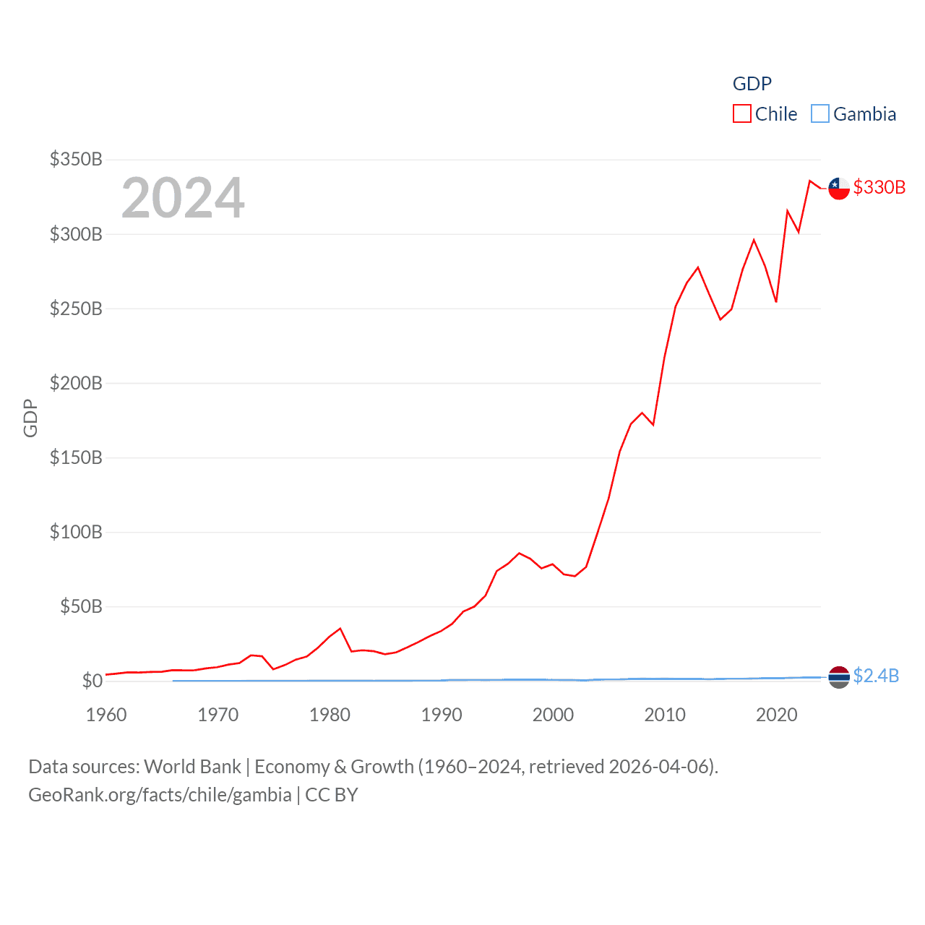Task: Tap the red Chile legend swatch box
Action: (x=742, y=114)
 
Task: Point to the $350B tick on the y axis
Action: (x=76, y=159)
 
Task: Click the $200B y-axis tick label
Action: (x=76, y=383)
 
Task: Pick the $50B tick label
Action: (x=81, y=606)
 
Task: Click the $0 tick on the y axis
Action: (x=92, y=681)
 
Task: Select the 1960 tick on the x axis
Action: (x=106, y=715)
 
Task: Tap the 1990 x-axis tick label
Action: (x=442, y=715)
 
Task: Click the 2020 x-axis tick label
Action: (x=777, y=715)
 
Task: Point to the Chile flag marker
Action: (x=839, y=188)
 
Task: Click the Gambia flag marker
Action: (x=839, y=676)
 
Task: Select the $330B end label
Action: (x=879, y=187)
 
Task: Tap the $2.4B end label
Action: (x=876, y=676)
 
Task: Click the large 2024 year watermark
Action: (x=183, y=198)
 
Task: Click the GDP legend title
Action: (x=752, y=84)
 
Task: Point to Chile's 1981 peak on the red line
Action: (x=340, y=629)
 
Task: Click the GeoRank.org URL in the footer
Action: (x=160, y=795)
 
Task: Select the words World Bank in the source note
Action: (x=192, y=767)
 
